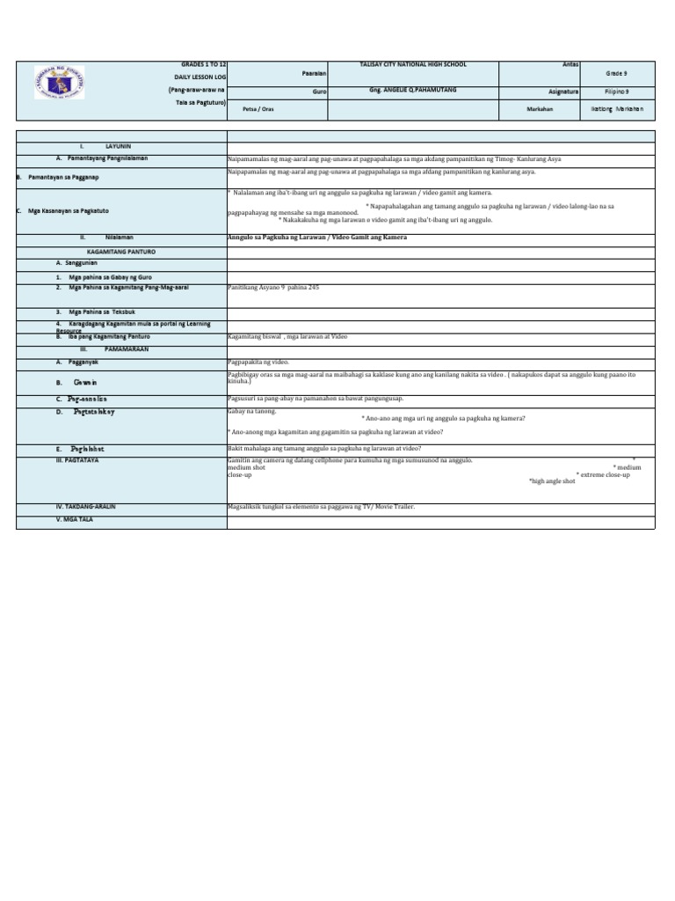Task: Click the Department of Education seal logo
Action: (x=61, y=82)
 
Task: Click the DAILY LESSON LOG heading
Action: (x=200, y=77)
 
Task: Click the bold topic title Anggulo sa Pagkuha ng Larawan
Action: (x=317, y=238)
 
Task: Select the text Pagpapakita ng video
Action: (x=258, y=362)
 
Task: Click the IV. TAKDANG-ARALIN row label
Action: (x=85, y=508)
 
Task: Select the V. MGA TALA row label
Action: (x=75, y=520)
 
